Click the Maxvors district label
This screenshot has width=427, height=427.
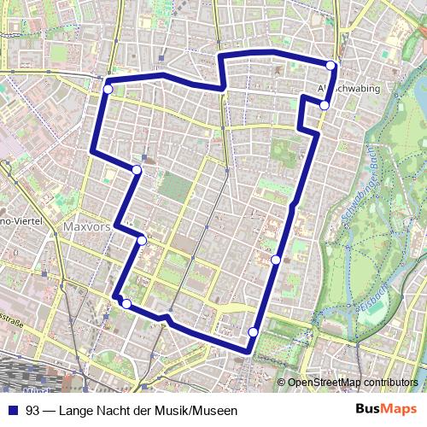click(86, 228)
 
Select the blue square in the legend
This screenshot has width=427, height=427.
click(11, 411)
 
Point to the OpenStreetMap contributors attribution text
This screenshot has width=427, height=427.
click(353, 382)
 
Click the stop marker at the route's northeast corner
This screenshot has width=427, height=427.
click(331, 66)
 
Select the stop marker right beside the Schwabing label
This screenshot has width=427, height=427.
click(325, 105)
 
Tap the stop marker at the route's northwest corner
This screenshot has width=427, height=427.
click(108, 89)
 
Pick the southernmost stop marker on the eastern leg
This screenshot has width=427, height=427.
click(253, 332)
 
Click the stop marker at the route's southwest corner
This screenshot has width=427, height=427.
click(126, 303)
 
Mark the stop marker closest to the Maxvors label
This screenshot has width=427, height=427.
click(142, 241)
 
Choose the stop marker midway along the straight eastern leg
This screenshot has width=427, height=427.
click(276, 259)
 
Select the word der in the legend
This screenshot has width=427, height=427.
click(142, 411)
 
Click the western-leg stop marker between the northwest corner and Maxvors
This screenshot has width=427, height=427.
click(137, 171)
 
